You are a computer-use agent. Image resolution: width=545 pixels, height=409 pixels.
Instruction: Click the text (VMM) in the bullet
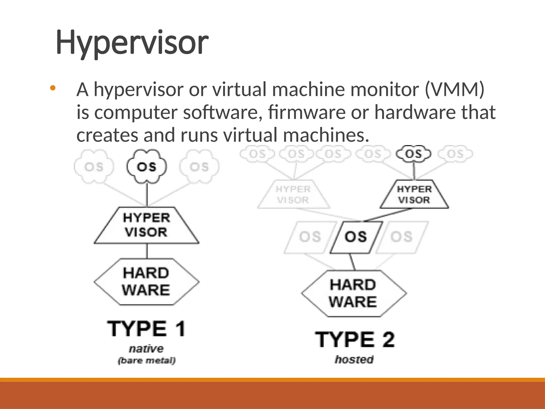point(455,89)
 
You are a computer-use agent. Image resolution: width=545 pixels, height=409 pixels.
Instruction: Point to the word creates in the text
point(107,135)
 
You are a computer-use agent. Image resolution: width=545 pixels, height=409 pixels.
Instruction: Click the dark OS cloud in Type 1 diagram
point(147,167)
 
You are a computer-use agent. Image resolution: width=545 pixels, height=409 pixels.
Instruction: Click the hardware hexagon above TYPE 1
point(146,282)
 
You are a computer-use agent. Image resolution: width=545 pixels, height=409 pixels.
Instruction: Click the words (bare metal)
point(147,361)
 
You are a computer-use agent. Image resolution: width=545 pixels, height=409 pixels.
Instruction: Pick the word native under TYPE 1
point(146,349)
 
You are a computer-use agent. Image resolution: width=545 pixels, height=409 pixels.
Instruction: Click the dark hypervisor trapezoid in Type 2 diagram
point(414,195)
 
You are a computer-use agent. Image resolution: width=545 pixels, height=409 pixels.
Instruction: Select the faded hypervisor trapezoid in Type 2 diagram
point(293,195)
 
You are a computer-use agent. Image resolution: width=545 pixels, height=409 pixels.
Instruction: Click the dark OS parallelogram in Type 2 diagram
point(356,237)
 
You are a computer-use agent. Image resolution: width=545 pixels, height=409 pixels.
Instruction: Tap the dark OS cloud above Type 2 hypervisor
point(413,154)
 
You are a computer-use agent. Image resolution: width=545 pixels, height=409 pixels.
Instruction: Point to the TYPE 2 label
point(355,340)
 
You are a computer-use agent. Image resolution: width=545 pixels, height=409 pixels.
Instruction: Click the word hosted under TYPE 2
point(354,359)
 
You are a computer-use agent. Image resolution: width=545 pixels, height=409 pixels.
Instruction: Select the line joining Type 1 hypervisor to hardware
point(147,251)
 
